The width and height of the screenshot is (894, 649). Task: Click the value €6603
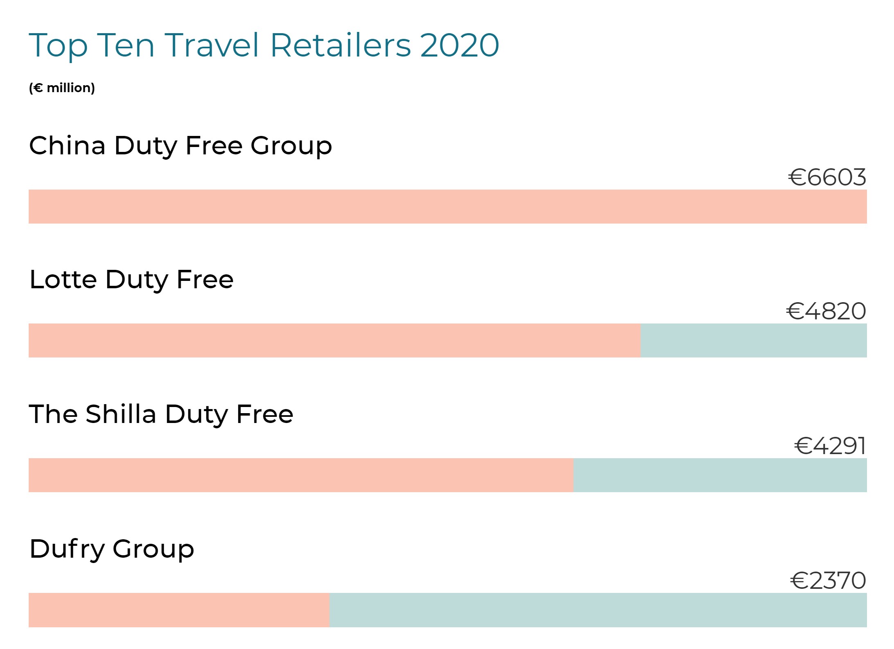[827, 177]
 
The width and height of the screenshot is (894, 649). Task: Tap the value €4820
[826, 311]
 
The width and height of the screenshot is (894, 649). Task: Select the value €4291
[830, 446]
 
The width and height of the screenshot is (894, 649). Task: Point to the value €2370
[828, 581]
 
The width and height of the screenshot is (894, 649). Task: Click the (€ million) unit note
[62, 88]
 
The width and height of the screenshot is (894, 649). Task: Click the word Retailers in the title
[340, 45]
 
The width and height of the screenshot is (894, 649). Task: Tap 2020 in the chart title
[459, 45]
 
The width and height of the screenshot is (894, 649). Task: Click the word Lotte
[63, 280]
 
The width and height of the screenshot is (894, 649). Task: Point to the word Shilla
[121, 414]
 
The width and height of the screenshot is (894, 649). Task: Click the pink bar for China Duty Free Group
[447, 206]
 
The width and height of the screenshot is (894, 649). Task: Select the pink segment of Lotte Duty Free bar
[334, 340]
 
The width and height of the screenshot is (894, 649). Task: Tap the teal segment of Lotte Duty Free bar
[753, 340]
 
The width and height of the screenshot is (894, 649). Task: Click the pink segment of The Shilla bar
[301, 475]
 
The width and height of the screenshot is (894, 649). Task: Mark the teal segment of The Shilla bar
[720, 475]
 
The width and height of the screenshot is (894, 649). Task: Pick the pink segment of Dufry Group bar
[179, 610]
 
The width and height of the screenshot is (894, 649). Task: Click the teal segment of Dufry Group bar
[598, 610]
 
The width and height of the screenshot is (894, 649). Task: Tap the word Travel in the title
[212, 45]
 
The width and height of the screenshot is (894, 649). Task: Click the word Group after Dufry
[153, 550]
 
